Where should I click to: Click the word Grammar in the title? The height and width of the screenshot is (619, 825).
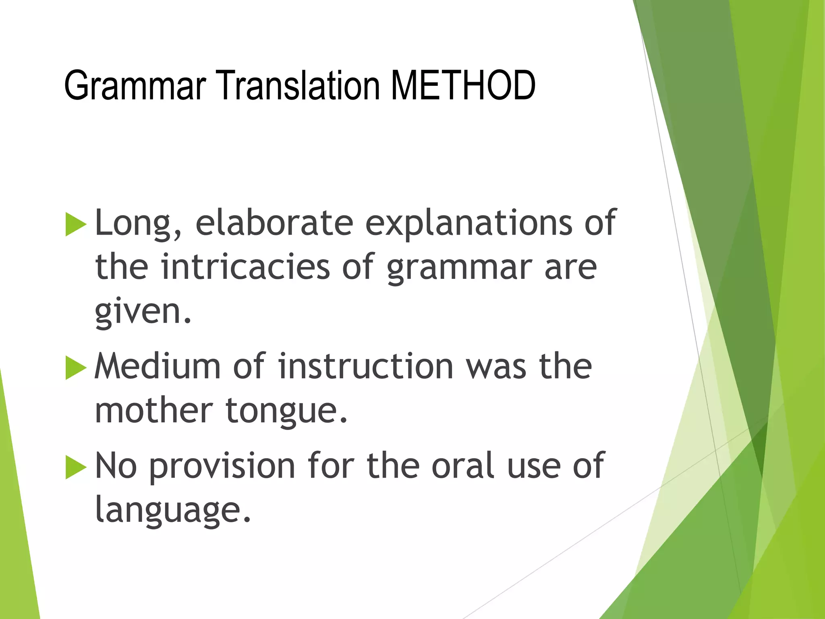point(135,85)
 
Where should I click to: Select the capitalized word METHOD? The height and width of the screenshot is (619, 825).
point(463,85)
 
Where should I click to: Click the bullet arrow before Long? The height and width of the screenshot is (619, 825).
point(76,224)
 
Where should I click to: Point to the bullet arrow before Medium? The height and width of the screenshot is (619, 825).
point(76,368)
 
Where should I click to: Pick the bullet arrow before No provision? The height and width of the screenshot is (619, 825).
point(76,467)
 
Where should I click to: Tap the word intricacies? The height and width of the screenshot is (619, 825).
point(245,267)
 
